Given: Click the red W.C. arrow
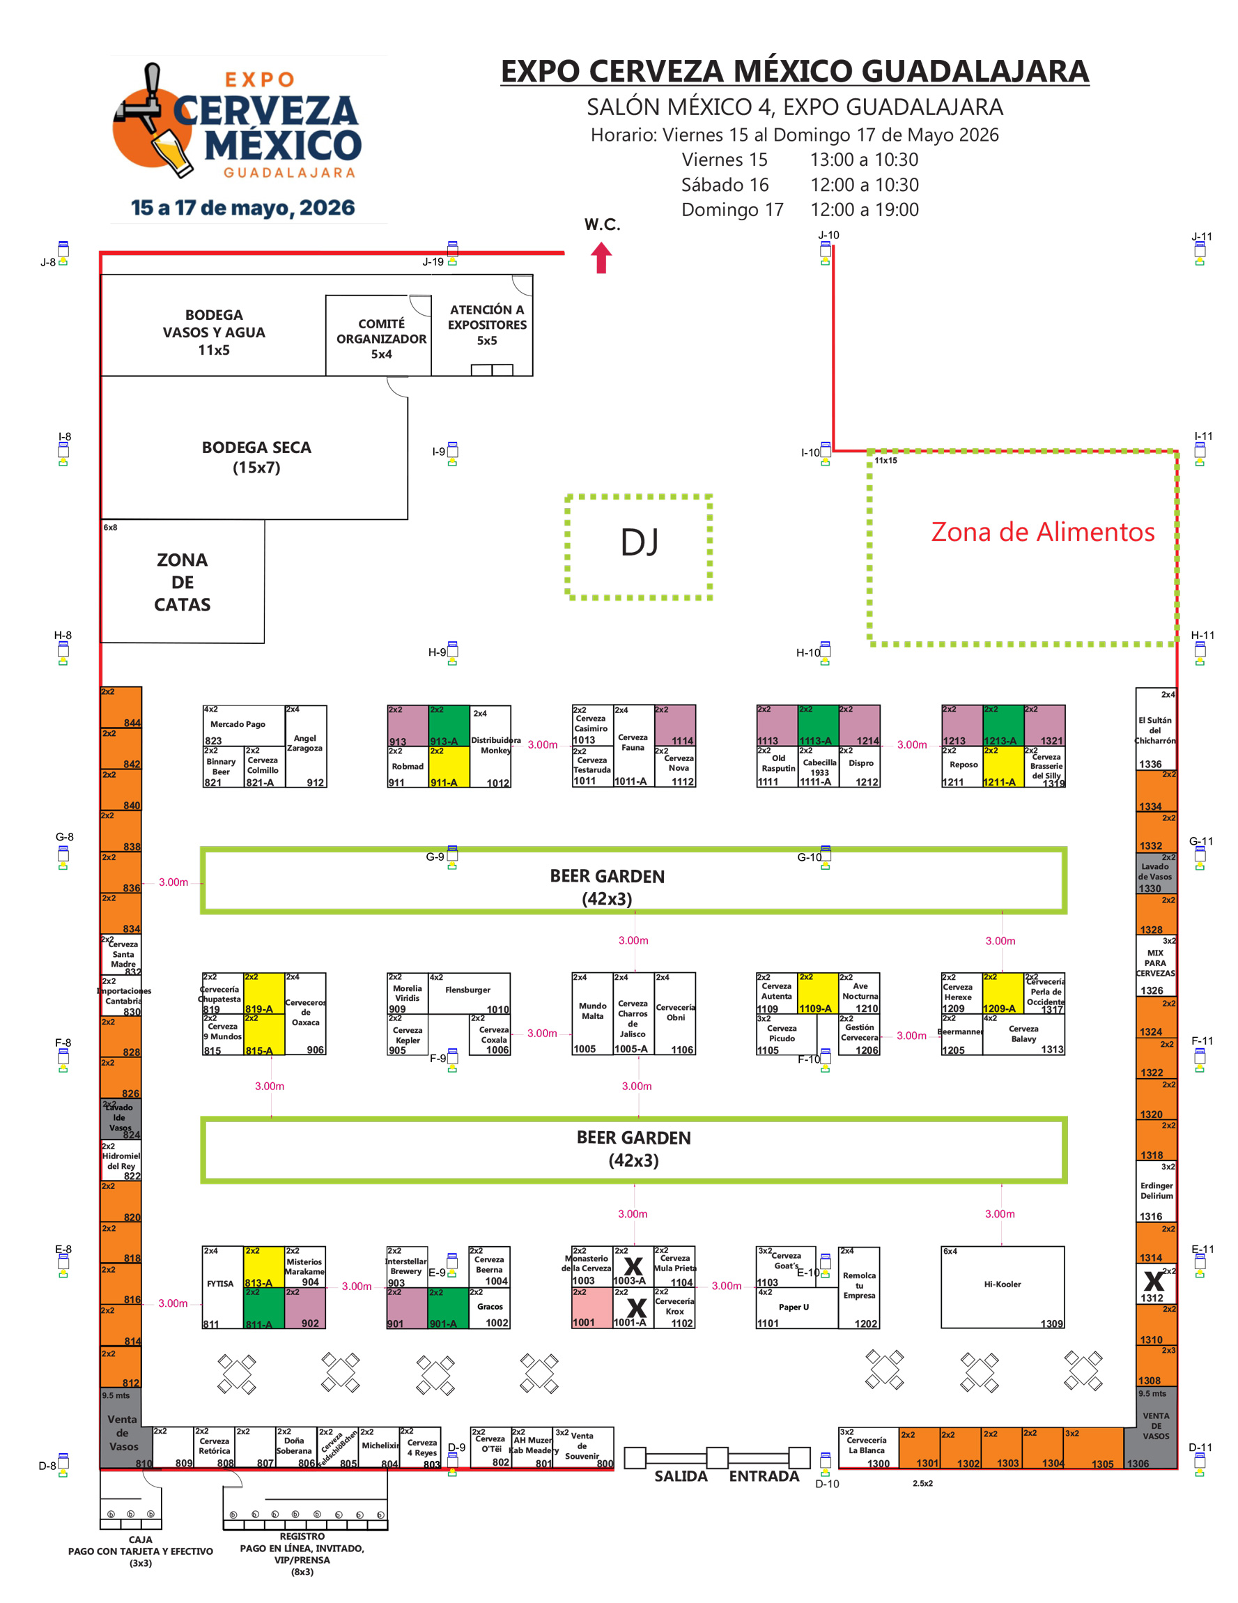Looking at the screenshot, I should (x=601, y=258).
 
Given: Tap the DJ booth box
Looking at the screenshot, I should (x=638, y=546).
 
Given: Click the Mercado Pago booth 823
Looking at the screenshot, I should (x=242, y=725).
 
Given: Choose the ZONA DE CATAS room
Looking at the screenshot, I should (x=182, y=581).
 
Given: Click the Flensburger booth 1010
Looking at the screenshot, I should (x=468, y=993).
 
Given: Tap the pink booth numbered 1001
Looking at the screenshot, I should (x=591, y=1307).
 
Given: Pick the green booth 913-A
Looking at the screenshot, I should (x=449, y=725).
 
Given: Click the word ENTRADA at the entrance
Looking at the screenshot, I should (x=763, y=1476).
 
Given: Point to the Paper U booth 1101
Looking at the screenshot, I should (x=796, y=1307).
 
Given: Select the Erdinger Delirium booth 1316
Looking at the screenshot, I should (x=1156, y=1191).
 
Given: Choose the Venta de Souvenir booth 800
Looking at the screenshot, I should (x=583, y=1447).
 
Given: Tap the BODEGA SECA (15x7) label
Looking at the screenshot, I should (x=256, y=457).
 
